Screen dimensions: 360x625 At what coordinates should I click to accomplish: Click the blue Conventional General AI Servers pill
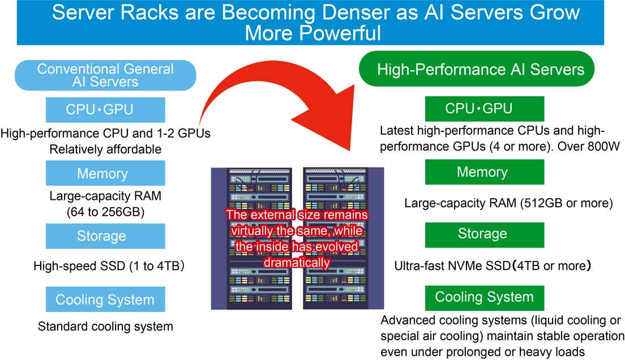pyautogui.click(x=105, y=75)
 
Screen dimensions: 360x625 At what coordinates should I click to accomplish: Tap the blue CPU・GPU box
pyautogui.click(x=105, y=110)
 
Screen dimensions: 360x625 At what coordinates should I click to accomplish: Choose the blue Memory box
pyautogui.click(x=105, y=173)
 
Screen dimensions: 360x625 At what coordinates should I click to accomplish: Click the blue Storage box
pyautogui.click(x=105, y=236)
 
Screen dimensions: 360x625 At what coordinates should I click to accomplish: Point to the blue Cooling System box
pyautogui.click(x=105, y=299)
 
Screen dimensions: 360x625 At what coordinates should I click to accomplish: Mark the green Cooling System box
pyautogui.click(x=484, y=297)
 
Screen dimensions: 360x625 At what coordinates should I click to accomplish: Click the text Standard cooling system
pyautogui.click(x=105, y=327)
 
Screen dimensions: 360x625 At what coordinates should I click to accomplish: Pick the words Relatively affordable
pyautogui.click(x=105, y=149)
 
